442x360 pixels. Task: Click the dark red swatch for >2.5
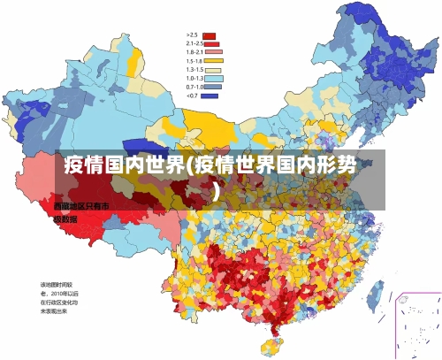pos(210,36)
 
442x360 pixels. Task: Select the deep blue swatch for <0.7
pos(210,96)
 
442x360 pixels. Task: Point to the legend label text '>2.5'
pos(192,36)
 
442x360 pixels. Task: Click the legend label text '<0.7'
pos(192,96)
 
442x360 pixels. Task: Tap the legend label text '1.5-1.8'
pos(194,61)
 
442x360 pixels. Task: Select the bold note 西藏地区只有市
pos(81,205)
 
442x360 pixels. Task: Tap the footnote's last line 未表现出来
pos(54,311)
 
